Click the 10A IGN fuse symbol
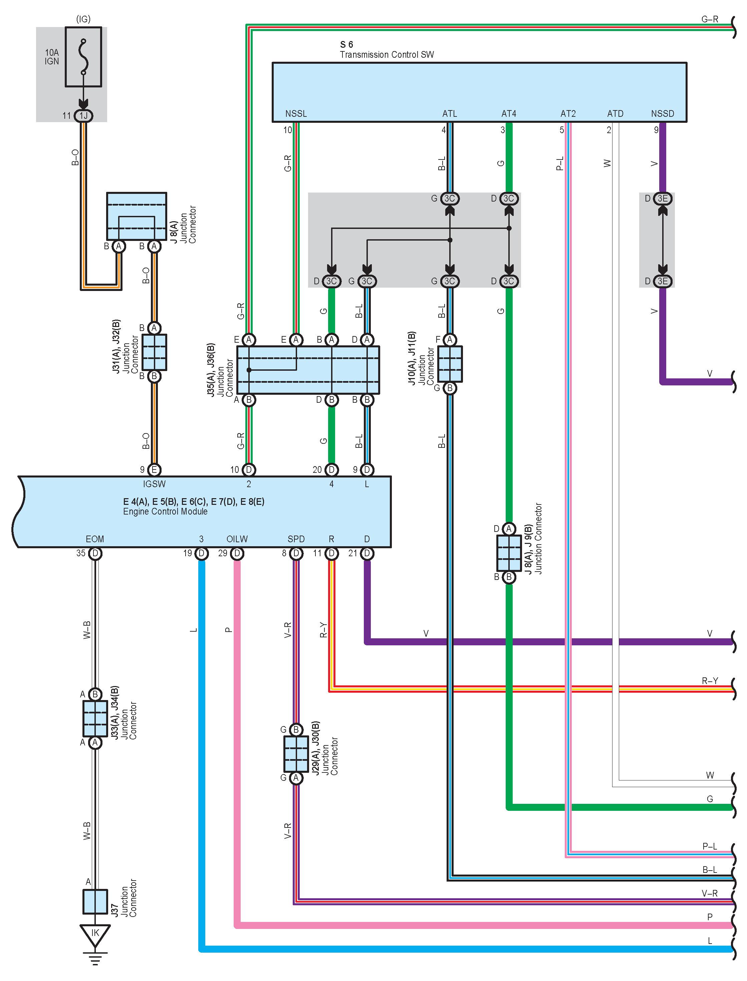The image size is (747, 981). tap(83, 57)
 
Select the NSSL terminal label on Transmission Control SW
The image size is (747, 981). tap(296, 114)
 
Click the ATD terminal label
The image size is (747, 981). tap(615, 114)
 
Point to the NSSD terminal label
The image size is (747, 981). tap(663, 114)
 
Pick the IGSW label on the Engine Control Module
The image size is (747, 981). tap(154, 484)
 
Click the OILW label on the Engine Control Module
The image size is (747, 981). tap(237, 539)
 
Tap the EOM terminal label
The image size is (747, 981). tap(95, 539)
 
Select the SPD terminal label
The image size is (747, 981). tap(296, 539)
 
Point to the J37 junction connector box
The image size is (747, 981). tap(95, 901)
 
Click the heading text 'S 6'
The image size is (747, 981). tap(346, 44)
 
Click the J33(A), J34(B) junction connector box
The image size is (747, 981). tap(95, 718)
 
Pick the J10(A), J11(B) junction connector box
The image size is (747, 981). tap(450, 364)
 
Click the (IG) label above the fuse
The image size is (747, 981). tap(83, 19)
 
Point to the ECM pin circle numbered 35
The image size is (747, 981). tap(95, 553)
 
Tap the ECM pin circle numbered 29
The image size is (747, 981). tap(237, 553)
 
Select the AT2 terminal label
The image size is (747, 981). tap(568, 114)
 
